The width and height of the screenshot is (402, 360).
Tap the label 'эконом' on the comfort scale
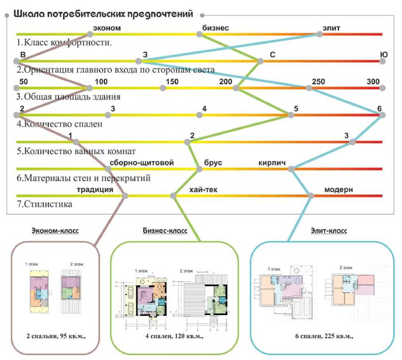point(107,28)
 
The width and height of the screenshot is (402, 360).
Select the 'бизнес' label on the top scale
point(215,28)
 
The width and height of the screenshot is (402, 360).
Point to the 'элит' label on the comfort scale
point(331,28)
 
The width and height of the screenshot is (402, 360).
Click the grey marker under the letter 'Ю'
point(382,61)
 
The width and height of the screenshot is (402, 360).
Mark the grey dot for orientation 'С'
point(260,61)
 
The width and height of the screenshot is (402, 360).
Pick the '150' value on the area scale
point(172,81)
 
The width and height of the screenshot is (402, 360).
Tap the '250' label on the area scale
point(318,81)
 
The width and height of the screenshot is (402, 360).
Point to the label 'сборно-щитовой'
point(142,163)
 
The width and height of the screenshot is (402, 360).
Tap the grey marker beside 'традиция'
point(125,196)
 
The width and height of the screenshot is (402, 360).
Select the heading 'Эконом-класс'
point(55,231)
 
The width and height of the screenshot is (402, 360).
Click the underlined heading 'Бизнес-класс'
point(165,231)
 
